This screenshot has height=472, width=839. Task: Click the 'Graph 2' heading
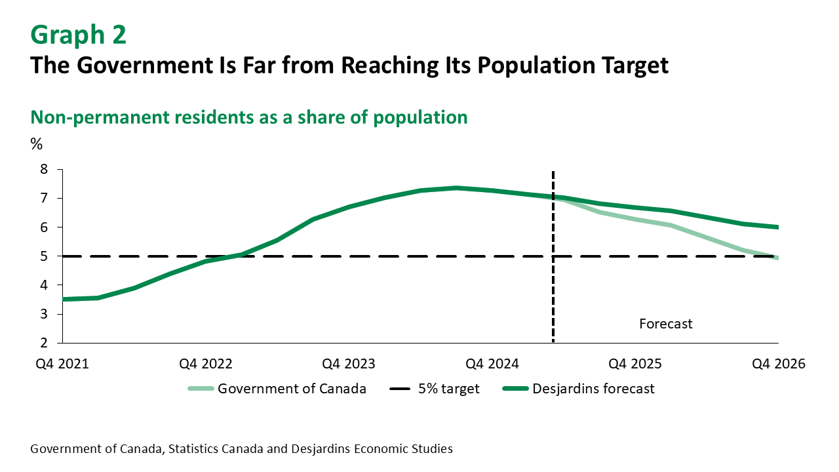coord(78,35)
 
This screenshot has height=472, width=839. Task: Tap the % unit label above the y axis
coord(36,144)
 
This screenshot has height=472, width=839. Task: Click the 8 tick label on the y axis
coord(45,169)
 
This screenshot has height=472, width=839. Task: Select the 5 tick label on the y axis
coord(45,256)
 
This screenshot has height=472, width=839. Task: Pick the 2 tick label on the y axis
coord(45,343)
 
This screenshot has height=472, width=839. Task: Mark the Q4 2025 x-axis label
coord(634,364)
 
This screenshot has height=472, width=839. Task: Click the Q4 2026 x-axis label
coord(778,364)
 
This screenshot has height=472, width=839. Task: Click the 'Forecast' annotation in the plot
coord(665,324)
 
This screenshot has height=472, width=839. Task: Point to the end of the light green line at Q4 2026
coord(777,258)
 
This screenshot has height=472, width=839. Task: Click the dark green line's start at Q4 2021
coord(63,299)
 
